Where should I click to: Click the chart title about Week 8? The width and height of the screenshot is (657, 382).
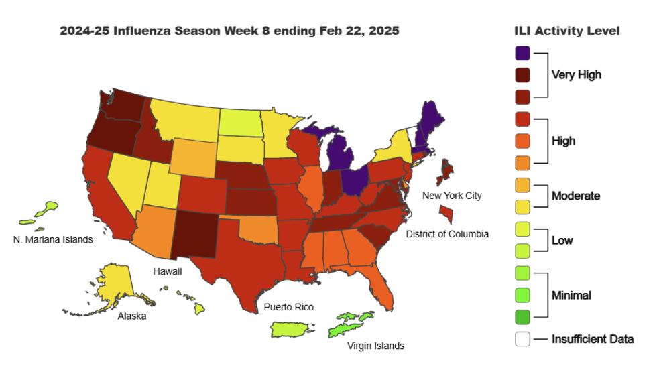(229, 31)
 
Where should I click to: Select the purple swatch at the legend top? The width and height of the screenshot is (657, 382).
(523, 53)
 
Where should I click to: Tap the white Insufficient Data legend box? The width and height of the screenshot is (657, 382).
(523, 339)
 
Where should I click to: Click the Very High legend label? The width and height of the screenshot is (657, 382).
(576, 74)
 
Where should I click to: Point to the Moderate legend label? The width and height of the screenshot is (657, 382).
(575, 196)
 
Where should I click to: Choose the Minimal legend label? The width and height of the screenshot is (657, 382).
(571, 294)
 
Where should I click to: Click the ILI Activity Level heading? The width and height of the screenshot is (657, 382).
(566, 31)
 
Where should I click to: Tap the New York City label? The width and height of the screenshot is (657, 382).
(451, 195)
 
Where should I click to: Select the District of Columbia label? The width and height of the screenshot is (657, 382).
(447, 234)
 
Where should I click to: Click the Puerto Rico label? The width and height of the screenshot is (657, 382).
(289, 307)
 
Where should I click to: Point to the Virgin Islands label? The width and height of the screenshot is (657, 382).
(375, 346)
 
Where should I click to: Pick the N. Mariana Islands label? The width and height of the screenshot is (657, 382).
(53, 239)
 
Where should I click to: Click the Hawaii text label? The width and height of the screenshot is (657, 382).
(167, 271)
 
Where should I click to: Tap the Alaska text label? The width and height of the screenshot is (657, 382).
(132, 316)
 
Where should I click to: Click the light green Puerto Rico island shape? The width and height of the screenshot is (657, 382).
(293, 330)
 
